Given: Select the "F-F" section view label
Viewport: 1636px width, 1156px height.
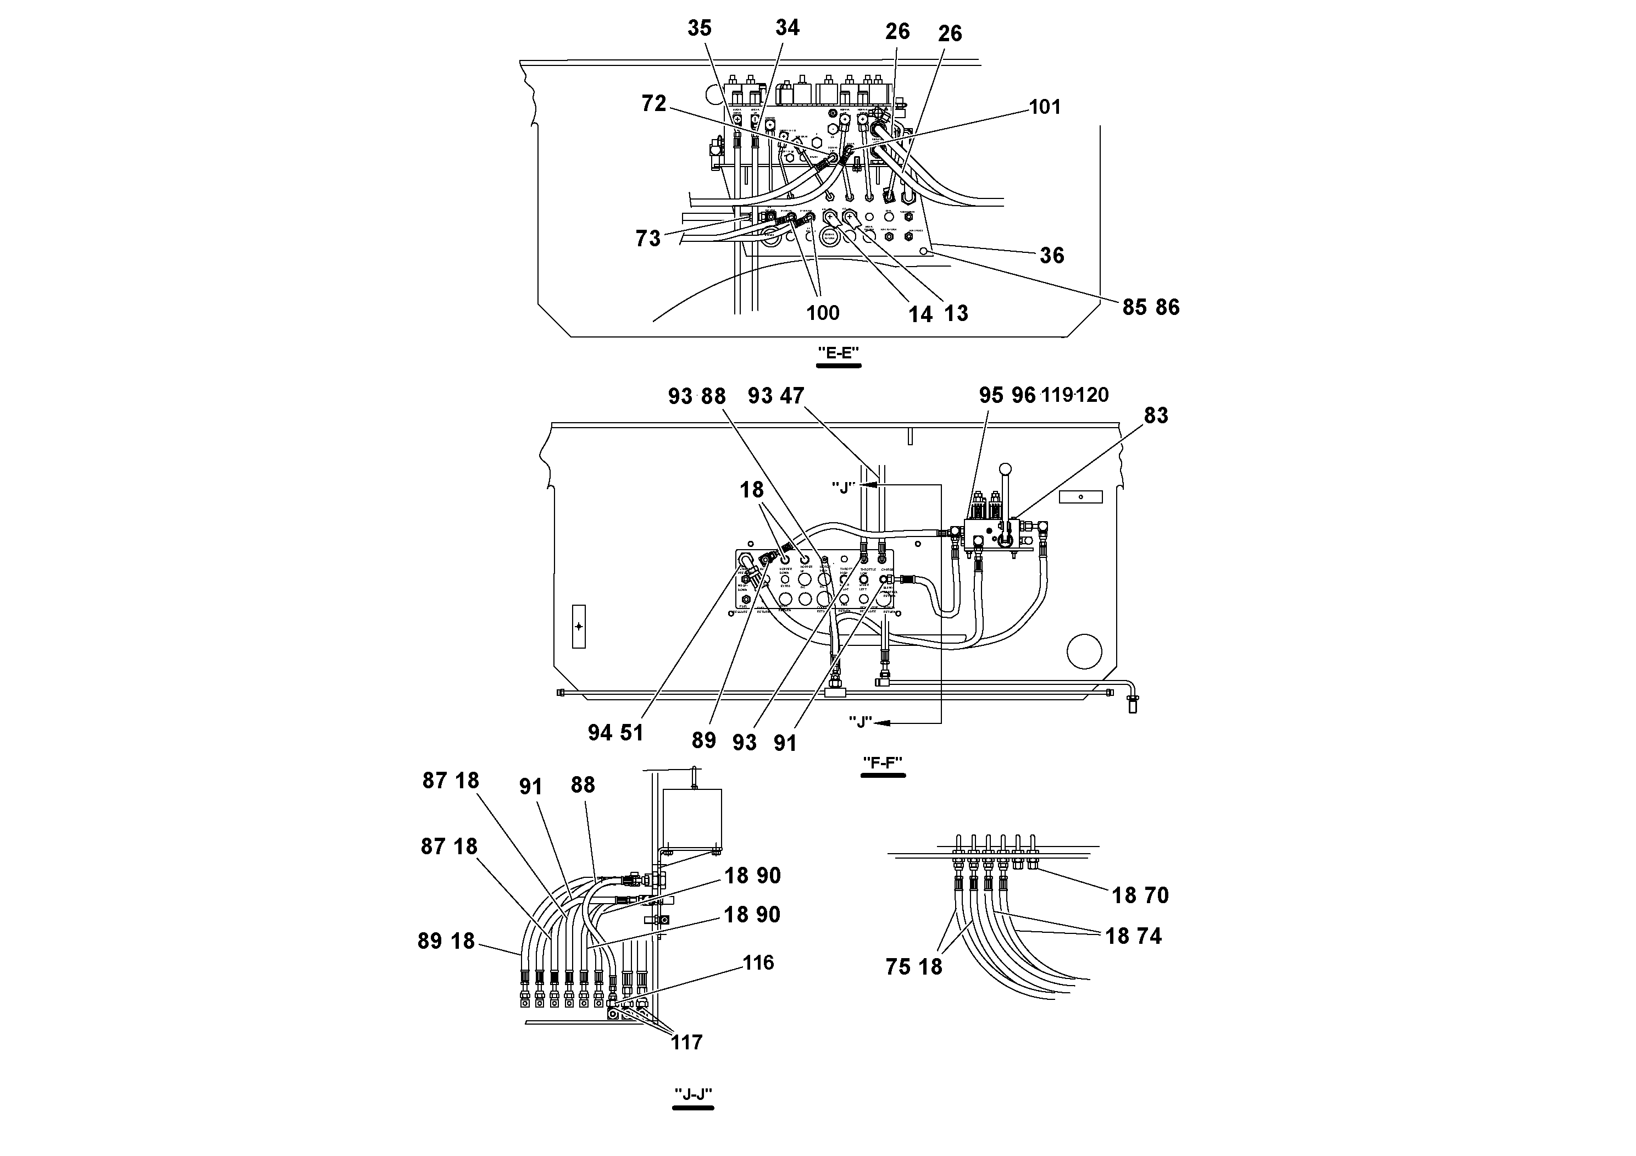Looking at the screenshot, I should [x=883, y=762].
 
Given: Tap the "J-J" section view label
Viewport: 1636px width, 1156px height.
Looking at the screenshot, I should [x=694, y=1094].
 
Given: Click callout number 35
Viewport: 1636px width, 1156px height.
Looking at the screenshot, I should [x=699, y=29].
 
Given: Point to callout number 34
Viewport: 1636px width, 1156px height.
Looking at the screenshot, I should [x=788, y=28].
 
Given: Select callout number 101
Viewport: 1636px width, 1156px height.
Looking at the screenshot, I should [x=1045, y=107].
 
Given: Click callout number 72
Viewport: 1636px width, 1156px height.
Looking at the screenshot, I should [x=653, y=104].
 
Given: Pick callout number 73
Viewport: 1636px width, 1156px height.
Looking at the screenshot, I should [x=648, y=239].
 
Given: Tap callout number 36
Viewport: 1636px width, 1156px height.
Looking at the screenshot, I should [x=1052, y=256].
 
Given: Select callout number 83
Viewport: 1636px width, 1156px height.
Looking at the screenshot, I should [x=1156, y=416].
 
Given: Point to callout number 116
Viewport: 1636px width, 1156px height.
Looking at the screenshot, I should [x=758, y=963].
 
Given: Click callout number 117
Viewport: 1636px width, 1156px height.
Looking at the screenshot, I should [x=686, y=1043].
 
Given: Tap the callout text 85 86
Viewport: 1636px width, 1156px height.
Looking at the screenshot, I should [x=1151, y=307].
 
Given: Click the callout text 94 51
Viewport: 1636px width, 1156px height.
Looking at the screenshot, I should [x=615, y=733].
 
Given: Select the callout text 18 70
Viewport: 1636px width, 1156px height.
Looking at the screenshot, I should [x=1140, y=895].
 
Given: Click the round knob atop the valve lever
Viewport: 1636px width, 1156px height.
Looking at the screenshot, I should [x=1006, y=469].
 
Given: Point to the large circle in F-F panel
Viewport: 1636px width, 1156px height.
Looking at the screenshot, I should [x=1084, y=651].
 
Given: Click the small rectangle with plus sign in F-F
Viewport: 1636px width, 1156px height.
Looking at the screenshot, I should [x=579, y=627].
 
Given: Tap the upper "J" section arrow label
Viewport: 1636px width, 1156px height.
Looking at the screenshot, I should [x=842, y=488].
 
